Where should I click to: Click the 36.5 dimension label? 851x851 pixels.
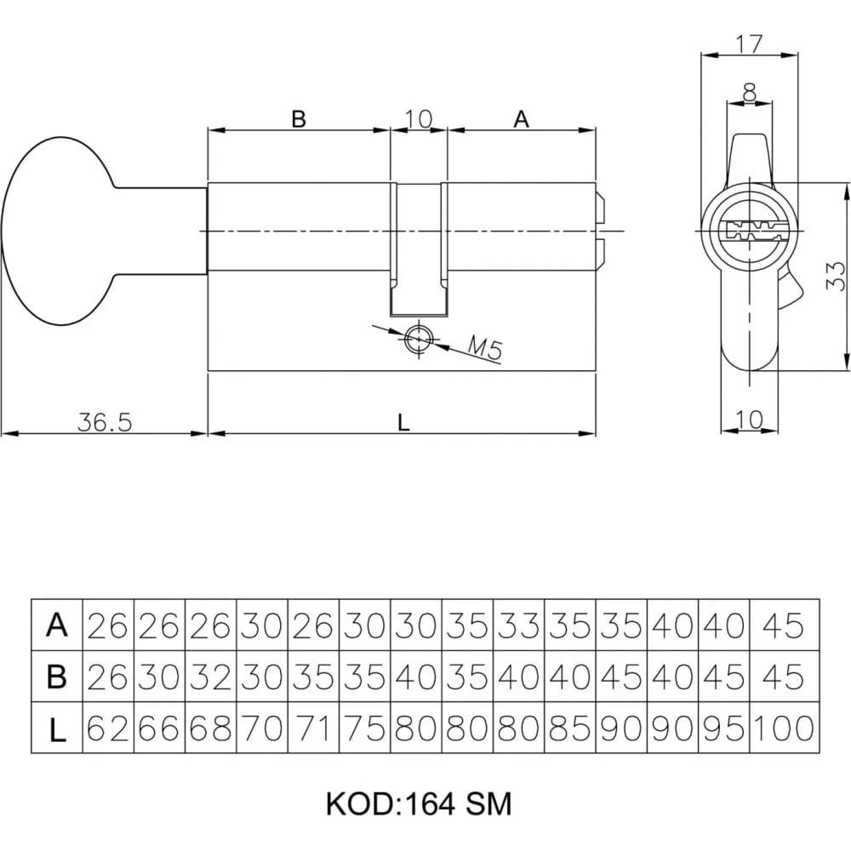click(104, 422)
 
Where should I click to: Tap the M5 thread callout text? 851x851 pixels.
click(486, 348)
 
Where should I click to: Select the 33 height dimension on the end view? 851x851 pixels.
click(836, 276)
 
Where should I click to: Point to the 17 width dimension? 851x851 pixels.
click(749, 44)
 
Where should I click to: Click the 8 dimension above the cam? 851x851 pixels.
click(750, 92)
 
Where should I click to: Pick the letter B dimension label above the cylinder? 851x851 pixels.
click(299, 118)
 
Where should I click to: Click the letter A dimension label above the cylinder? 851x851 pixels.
click(521, 118)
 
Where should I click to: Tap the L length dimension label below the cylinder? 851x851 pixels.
click(403, 422)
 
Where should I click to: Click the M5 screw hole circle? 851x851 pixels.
click(419, 339)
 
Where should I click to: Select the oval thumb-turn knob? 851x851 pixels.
click(60, 231)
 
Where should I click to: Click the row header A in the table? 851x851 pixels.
click(57, 625)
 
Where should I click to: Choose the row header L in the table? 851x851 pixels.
click(57, 728)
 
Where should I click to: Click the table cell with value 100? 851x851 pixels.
click(785, 728)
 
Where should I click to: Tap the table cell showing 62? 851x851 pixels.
click(108, 728)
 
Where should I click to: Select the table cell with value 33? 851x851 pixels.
click(519, 625)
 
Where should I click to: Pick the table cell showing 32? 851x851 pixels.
click(210, 677)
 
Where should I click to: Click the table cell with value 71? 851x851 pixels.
click(313, 728)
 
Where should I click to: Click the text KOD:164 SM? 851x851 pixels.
click(419, 804)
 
